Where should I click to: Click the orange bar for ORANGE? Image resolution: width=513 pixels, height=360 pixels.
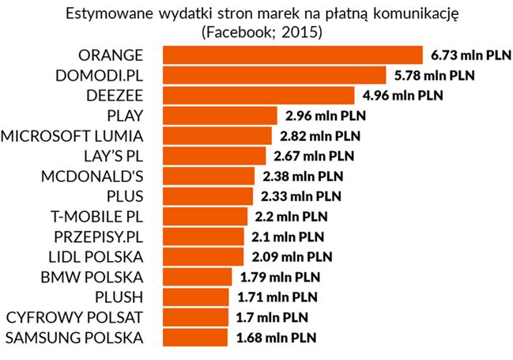pyautogui.click(x=293, y=55)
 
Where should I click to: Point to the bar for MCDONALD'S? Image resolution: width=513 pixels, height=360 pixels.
pyautogui.click(x=209, y=176)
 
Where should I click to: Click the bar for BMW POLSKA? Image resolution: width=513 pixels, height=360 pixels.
pyautogui.click(x=198, y=277)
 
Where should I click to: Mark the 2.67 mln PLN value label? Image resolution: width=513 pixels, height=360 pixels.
pyautogui.click(x=314, y=156)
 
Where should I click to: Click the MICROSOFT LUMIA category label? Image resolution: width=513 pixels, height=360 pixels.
pyautogui.click(x=74, y=135)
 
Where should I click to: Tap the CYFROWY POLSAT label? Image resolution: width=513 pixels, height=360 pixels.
pyautogui.click(x=75, y=318)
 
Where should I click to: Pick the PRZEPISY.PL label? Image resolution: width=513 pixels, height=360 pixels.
pyautogui.click(x=96, y=237)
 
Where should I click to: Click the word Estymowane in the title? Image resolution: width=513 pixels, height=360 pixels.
pyautogui.click(x=109, y=13)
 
